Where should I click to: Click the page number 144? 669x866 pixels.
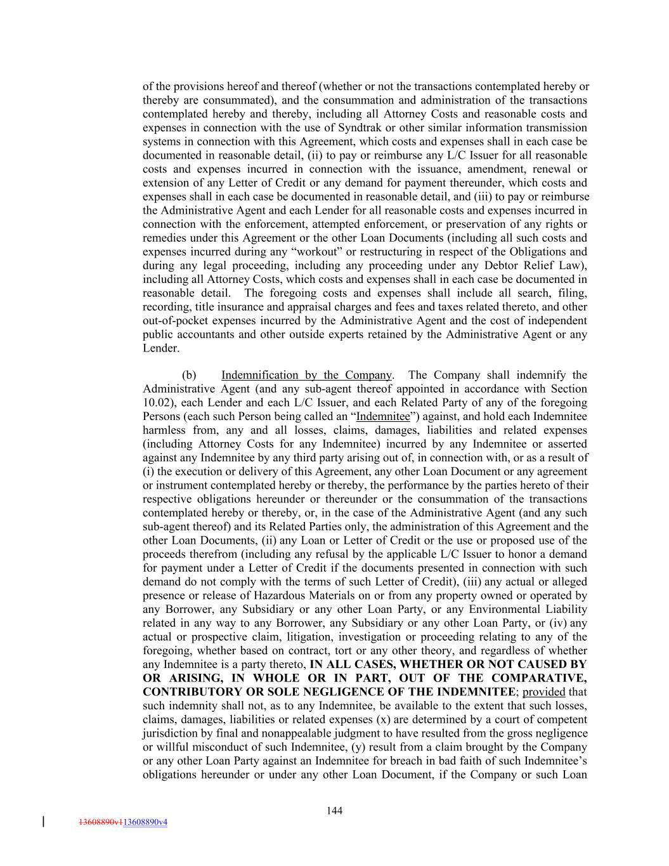tap(335, 810)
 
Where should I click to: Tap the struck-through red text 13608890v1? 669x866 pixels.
tap(100, 822)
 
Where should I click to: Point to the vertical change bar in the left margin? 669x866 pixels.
tap(43, 822)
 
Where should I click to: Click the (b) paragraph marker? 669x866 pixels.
tap(189, 375)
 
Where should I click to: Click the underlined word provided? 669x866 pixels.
tap(543, 692)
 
